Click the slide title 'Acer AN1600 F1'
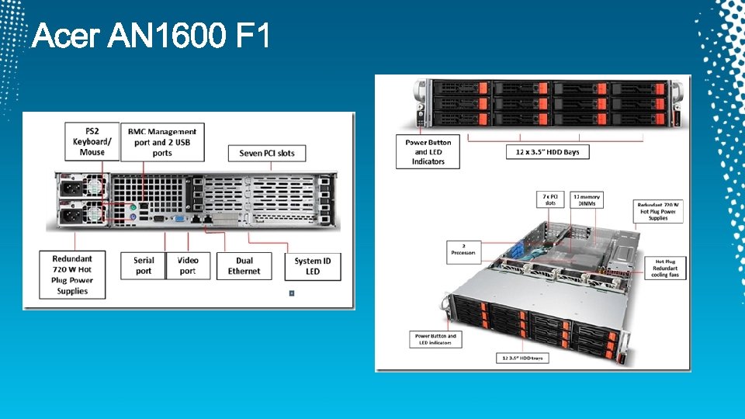[x=151, y=35]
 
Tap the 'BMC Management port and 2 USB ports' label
[x=162, y=142]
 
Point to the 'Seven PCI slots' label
[x=267, y=153]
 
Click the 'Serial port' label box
[x=144, y=265]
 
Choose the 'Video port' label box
[x=188, y=265]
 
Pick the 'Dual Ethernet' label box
[x=244, y=265]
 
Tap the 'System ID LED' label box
[x=313, y=265]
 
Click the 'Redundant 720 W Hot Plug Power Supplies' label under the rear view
[x=72, y=275]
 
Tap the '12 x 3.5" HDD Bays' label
[x=547, y=152]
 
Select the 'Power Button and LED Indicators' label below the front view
[x=428, y=152]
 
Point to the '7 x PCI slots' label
[x=549, y=200]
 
